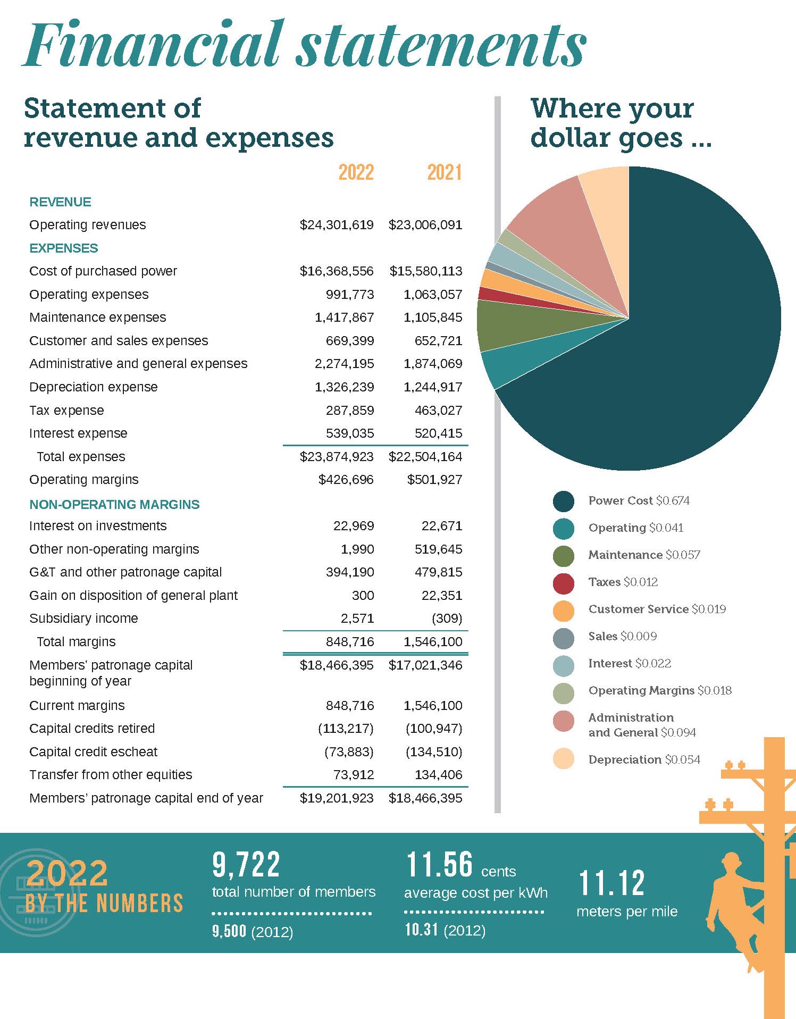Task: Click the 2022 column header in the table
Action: (x=356, y=172)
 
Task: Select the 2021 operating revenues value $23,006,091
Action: (x=425, y=225)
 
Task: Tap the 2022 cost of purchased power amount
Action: (x=337, y=271)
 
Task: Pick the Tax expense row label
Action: (x=66, y=411)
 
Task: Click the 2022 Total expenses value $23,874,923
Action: (x=337, y=457)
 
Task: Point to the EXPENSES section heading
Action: (x=64, y=248)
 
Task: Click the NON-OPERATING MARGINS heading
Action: (x=114, y=505)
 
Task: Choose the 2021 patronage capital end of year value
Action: (x=425, y=798)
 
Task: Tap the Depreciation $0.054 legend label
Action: (x=644, y=759)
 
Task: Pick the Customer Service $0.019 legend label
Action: (x=657, y=609)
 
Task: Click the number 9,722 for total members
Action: (x=246, y=865)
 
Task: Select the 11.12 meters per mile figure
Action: (x=611, y=883)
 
